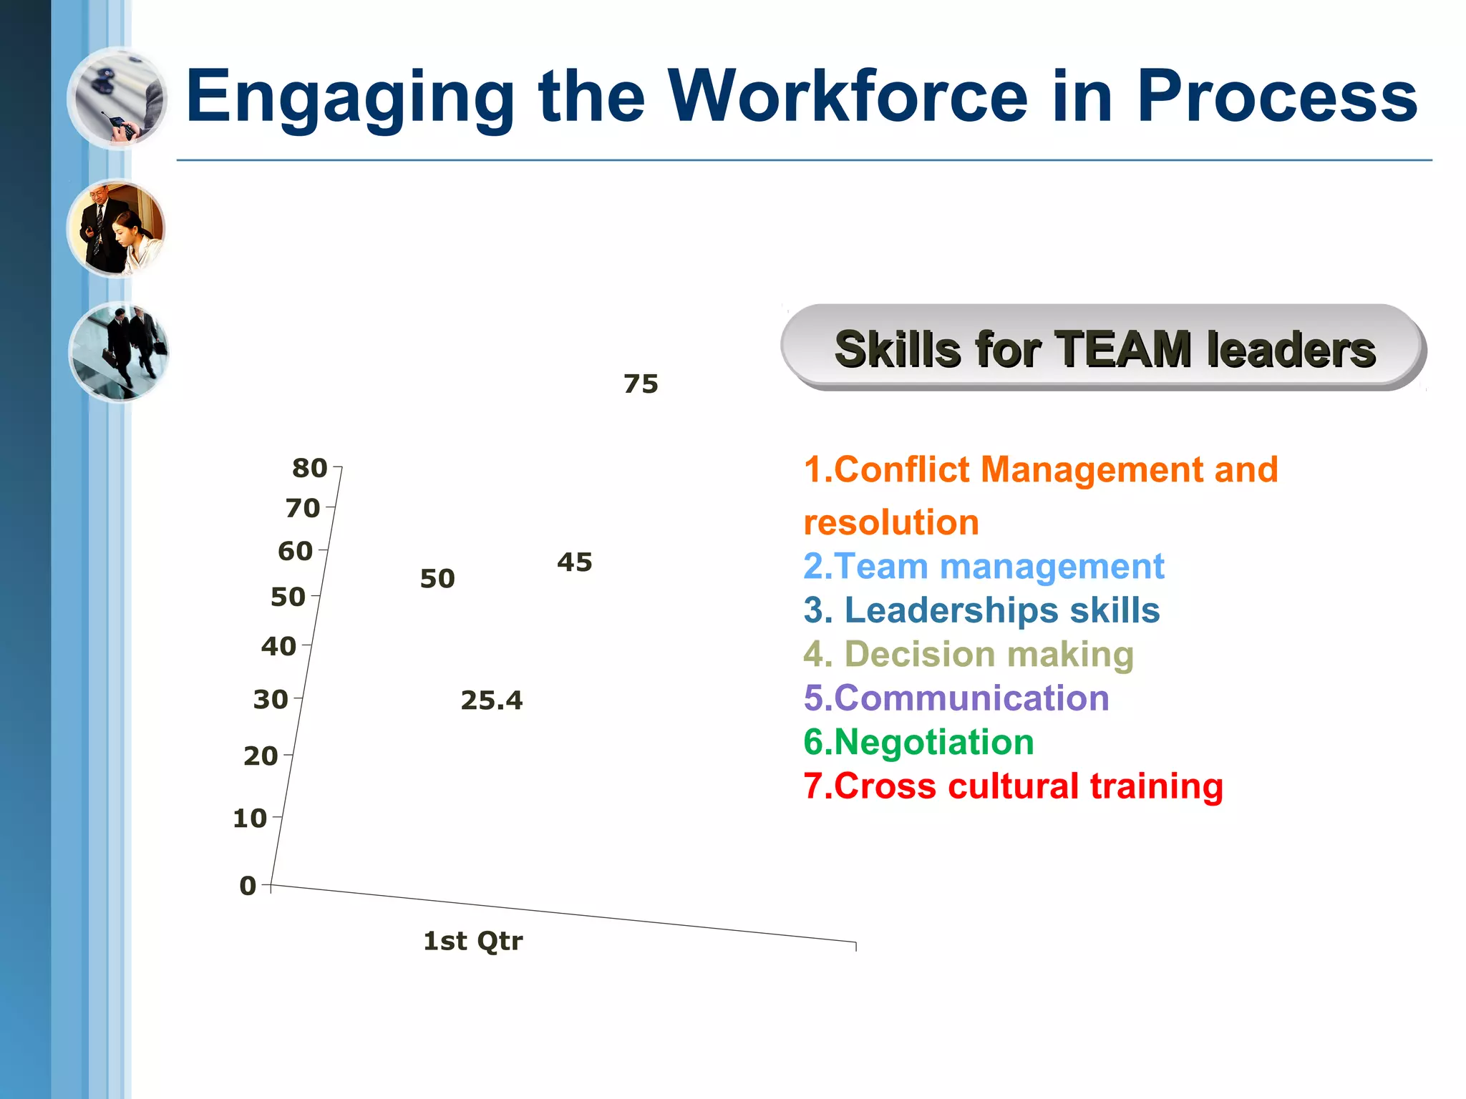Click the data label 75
click(641, 384)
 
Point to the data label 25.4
click(492, 700)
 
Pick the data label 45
click(575, 562)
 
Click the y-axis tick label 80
click(309, 468)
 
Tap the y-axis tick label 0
click(248, 886)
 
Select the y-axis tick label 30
click(271, 699)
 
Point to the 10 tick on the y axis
click(250, 818)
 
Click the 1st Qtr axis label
click(472, 941)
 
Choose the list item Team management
click(984, 567)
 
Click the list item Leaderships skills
click(981, 610)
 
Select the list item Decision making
click(969, 654)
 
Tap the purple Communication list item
click(956, 698)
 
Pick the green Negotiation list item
click(918, 742)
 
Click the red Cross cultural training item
click(1013, 786)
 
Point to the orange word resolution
click(891, 522)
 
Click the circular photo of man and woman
click(117, 229)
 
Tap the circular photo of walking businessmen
click(119, 351)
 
